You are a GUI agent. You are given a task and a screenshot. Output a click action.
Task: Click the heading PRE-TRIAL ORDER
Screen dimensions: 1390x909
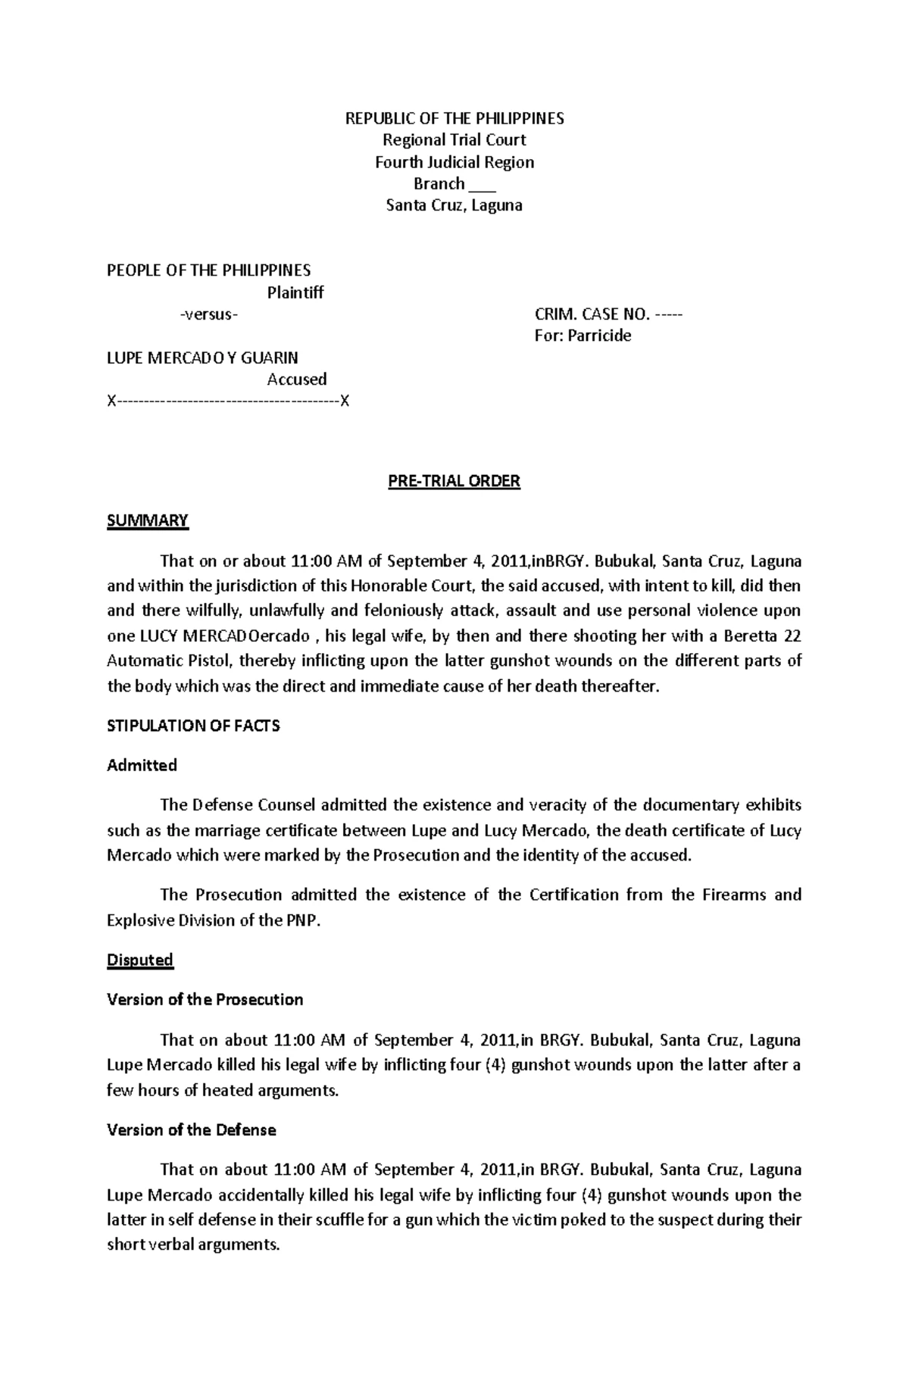click(x=454, y=482)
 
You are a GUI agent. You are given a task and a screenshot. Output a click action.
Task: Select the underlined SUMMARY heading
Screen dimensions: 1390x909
click(x=147, y=520)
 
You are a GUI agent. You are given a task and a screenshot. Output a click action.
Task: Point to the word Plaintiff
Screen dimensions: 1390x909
click(x=295, y=292)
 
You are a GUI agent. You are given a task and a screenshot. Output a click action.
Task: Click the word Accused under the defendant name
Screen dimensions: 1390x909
click(x=296, y=379)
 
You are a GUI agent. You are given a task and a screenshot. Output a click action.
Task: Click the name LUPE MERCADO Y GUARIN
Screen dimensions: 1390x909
click(x=202, y=358)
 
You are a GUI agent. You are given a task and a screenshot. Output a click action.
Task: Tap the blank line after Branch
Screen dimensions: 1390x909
click(x=482, y=184)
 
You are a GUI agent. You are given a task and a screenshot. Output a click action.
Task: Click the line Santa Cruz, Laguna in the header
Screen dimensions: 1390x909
click(x=454, y=205)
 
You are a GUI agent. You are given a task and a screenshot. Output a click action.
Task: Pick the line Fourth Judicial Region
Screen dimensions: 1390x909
click(x=454, y=162)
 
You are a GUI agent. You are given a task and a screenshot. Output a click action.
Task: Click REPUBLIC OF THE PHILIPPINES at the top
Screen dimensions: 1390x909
click(x=454, y=118)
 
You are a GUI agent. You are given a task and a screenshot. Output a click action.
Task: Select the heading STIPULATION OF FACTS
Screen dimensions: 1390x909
click(x=193, y=726)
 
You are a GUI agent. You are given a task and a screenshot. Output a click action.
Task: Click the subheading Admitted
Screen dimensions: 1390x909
click(x=142, y=765)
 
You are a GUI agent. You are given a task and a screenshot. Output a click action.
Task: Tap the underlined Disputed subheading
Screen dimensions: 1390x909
click(x=140, y=960)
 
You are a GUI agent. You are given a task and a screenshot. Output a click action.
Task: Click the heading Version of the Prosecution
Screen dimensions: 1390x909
click(x=205, y=999)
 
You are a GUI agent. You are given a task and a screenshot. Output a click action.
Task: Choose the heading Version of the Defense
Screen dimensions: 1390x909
click(x=191, y=1130)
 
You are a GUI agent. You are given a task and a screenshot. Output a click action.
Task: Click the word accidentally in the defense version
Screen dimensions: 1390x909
click(x=283, y=1195)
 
